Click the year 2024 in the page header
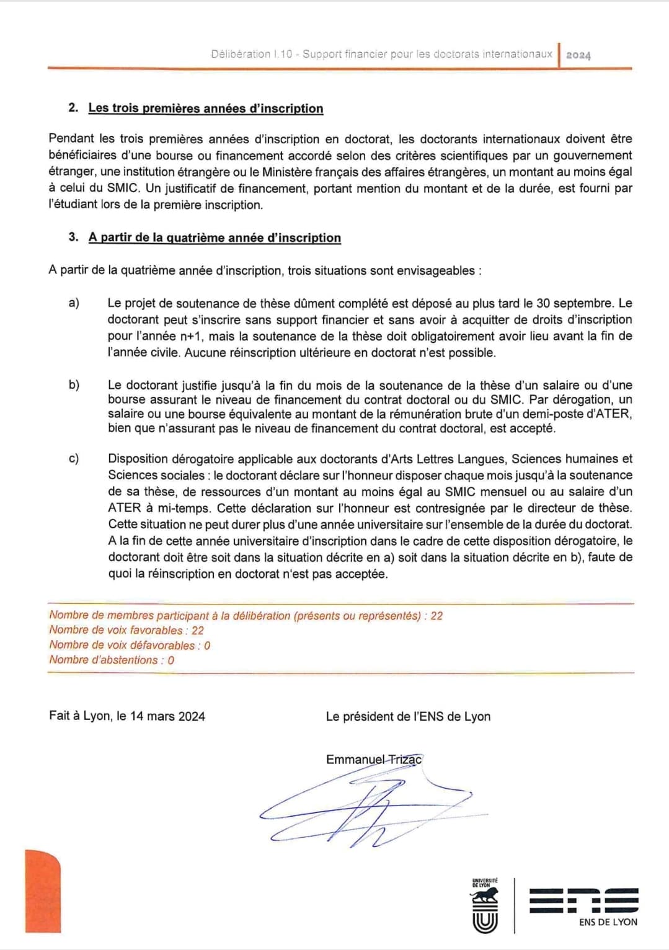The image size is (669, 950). pos(578,55)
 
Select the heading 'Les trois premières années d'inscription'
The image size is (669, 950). pos(205,108)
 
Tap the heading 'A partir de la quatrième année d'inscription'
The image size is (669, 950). pos(215,238)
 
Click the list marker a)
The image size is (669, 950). pos(74,303)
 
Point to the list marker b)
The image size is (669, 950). pos(74,385)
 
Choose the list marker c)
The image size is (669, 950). pos(74,459)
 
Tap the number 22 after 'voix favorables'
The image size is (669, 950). pos(198,631)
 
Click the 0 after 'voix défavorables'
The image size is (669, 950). pos(207,646)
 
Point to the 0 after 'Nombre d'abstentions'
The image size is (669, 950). pos(171,660)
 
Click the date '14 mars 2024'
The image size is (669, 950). pos(167,716)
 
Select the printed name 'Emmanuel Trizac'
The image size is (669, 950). pos(374,760)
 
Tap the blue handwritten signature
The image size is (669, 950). pos(366,812)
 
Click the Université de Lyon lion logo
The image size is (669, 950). pos(485,906)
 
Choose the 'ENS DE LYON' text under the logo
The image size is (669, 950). pos(608,922)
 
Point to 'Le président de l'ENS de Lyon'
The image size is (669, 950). pos(408,717)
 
